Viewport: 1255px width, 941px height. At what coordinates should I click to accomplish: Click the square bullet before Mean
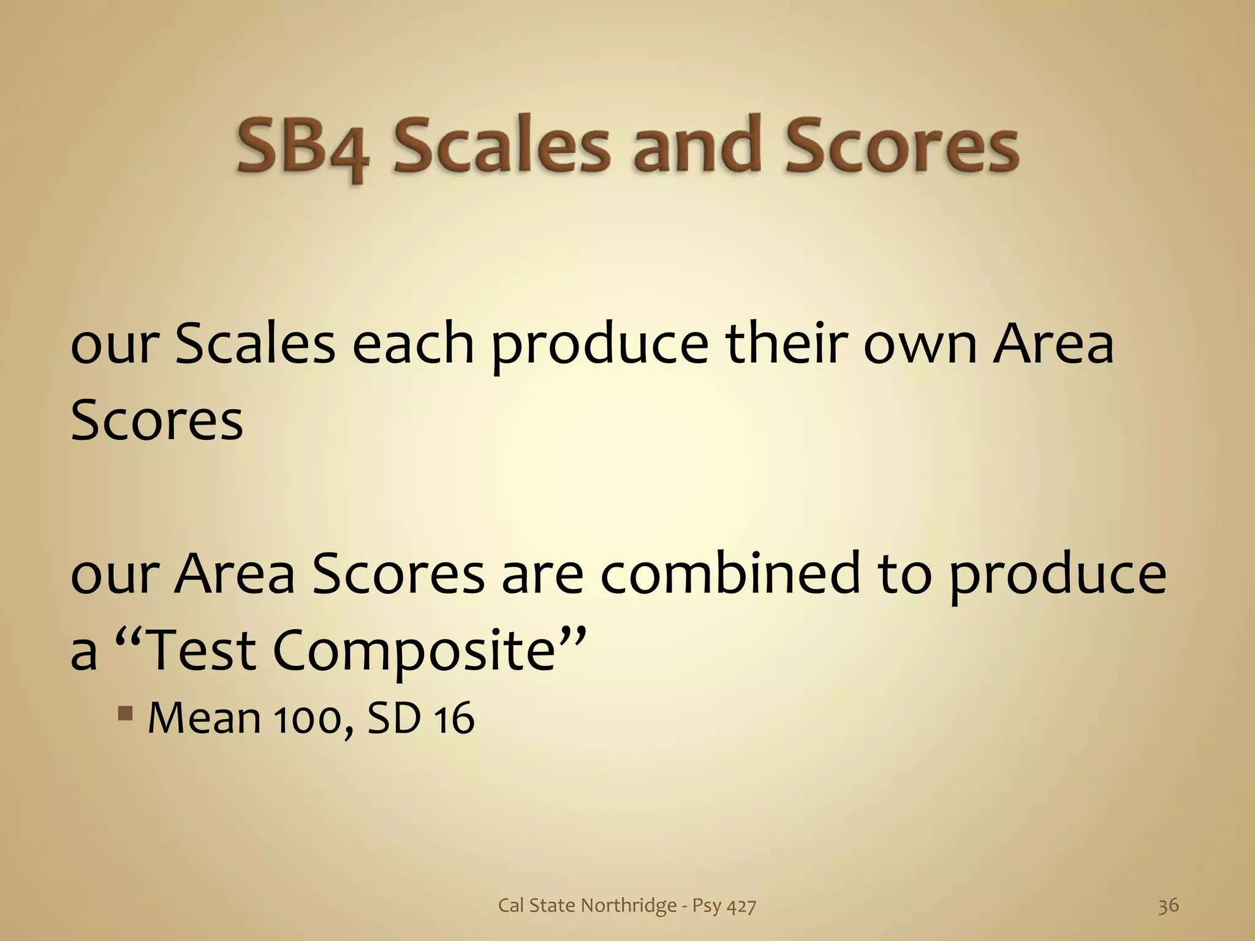tap(126, 714)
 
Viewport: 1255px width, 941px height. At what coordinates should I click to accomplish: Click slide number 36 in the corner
tap(1168, 905)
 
